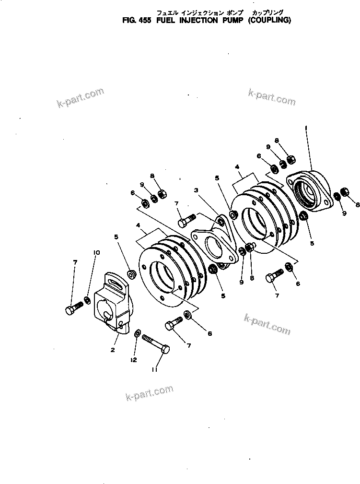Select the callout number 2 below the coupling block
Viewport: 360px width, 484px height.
pos(112,350)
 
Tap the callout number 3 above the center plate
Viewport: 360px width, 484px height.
pos(196,190)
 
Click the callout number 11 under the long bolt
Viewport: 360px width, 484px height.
pos(154,369)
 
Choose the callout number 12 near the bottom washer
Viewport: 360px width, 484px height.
pos(134,359)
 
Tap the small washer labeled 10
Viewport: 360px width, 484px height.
pos(88,300)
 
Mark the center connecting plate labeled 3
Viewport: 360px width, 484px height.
pos(215,245)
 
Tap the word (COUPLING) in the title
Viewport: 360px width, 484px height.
pos(269,21)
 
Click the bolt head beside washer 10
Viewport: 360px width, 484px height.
pos(70,310)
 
